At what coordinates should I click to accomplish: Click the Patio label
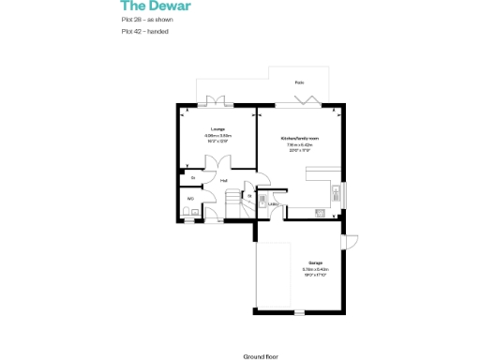(x=299, y=82)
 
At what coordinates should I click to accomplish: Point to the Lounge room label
(x=217, y=129)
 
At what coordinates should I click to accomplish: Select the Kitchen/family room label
(x=301, y=138)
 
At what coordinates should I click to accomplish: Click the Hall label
(x=224, y=180)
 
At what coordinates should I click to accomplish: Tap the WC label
(x=190, y=199)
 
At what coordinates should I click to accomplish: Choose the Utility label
(x=273, y=202)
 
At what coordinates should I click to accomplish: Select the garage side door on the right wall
(x=348, y=243)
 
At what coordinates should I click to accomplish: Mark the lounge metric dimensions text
(x=217, y=136)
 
